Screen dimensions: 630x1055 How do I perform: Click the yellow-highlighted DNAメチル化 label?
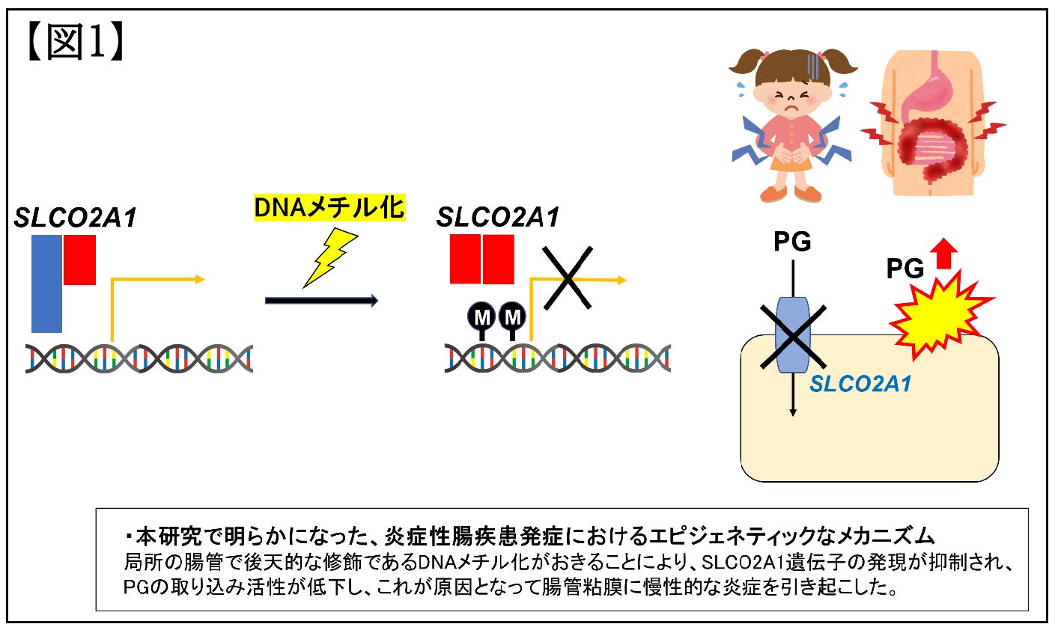[329, 207]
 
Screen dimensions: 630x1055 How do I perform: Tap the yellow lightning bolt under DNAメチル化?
[329, 257]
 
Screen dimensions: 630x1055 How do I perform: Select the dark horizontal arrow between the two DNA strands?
[321, 301]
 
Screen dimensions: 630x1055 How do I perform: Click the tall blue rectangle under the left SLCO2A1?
[46, 284]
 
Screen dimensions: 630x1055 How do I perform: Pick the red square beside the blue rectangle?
[79, 260]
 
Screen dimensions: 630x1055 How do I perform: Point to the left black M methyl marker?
[482, 318]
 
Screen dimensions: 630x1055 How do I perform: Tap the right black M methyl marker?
[512, 317]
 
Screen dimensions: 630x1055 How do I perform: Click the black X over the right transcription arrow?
[568, 278]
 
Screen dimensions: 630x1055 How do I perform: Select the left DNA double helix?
[139, 359]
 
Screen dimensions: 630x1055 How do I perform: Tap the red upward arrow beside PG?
[946, 253]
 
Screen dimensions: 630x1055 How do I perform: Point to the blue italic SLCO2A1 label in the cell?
[860, 385]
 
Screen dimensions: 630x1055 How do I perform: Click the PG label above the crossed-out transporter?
[792, 242]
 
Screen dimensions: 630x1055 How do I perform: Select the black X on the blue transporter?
[793, 336]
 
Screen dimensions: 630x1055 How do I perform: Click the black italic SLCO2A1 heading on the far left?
[76, 218]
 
